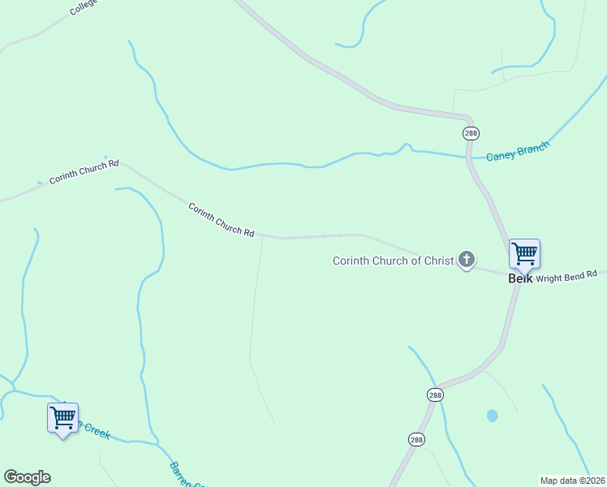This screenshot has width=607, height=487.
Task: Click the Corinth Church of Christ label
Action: [x=393, y=261]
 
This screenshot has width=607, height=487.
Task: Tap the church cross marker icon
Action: [x=467, y=260]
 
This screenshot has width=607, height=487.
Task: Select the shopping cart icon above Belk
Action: [x=524, y=253]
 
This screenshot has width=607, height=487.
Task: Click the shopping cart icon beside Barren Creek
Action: [x=62, y=417]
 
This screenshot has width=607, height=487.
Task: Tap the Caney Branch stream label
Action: [x=517, y=151]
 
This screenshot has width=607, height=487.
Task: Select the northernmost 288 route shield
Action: [x=471, y=133]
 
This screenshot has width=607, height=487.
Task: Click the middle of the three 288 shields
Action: [x=436, y=394]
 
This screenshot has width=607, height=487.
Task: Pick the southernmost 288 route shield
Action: [x=416, y=438]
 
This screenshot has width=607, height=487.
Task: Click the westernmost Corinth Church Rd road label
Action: [x=84, y=171]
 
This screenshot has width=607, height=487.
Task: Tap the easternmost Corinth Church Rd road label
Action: [x=222, y=219]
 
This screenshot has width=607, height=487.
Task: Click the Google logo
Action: [x=27, y=477]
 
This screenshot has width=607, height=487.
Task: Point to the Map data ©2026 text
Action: [x=573, y=481]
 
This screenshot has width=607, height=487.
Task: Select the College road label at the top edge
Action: [x=84, y=7]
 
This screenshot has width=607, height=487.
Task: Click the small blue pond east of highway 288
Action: [x=492, y=416]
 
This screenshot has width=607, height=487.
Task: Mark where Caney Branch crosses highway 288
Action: [x=468, y=157]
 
